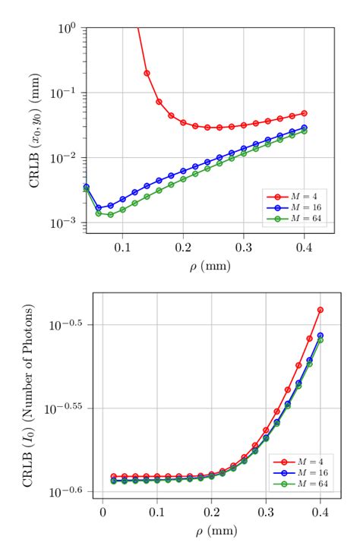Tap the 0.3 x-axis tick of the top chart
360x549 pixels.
pos(243,248)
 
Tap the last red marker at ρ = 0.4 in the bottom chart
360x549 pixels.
pos(321,310)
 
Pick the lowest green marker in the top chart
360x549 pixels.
pos(110,215)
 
